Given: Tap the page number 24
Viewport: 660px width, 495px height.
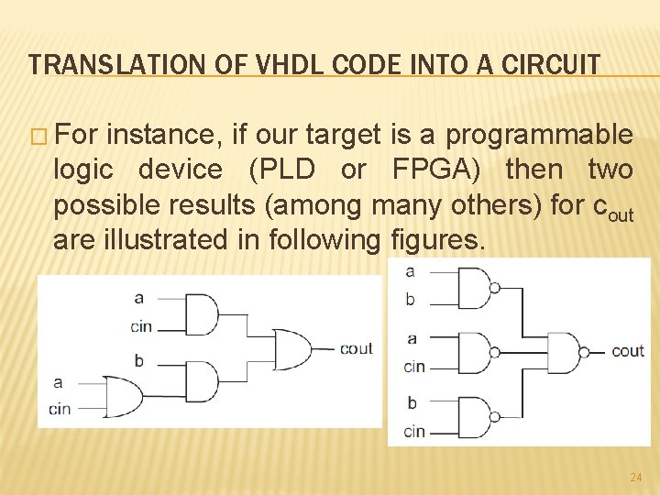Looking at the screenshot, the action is (636, 478).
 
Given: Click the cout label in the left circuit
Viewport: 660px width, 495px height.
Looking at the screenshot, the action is (356, 348).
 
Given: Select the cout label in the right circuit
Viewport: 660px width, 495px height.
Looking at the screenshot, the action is (627, 350).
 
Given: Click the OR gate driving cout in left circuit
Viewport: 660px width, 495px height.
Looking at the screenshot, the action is (291, 348).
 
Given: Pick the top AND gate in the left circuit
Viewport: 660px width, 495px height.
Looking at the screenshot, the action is (202, 314).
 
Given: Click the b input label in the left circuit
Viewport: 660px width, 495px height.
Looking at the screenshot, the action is (139, 360).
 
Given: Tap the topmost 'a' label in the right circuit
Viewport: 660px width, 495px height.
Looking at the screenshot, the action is (410, 271).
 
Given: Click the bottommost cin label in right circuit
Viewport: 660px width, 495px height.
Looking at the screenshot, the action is (414, 431).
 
